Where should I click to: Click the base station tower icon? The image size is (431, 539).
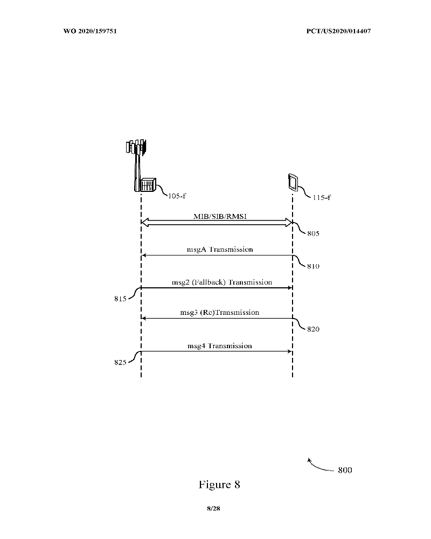141,165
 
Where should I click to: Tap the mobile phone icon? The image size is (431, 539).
293,183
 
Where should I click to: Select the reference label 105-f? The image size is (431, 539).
177,196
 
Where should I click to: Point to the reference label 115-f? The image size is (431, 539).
322,197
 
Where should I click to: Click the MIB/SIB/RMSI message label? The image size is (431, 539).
220,216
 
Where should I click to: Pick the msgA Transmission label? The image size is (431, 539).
220,249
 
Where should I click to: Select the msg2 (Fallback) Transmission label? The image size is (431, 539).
222,282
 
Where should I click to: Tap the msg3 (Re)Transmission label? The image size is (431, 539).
220,313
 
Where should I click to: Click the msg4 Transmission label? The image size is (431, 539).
220,346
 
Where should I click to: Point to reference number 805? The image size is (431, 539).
313,233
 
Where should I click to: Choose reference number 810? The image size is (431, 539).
313,266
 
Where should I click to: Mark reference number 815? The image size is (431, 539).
120,299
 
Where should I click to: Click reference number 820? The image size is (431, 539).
313,329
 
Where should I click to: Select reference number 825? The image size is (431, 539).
120,362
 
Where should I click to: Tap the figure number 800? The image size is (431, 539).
345,470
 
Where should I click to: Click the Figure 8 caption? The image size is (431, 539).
219,485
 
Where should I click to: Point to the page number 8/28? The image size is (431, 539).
213,508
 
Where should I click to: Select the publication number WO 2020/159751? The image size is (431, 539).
90,31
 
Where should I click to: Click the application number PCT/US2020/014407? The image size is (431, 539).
338,31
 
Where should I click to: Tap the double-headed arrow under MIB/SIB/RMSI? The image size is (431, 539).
217,223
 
